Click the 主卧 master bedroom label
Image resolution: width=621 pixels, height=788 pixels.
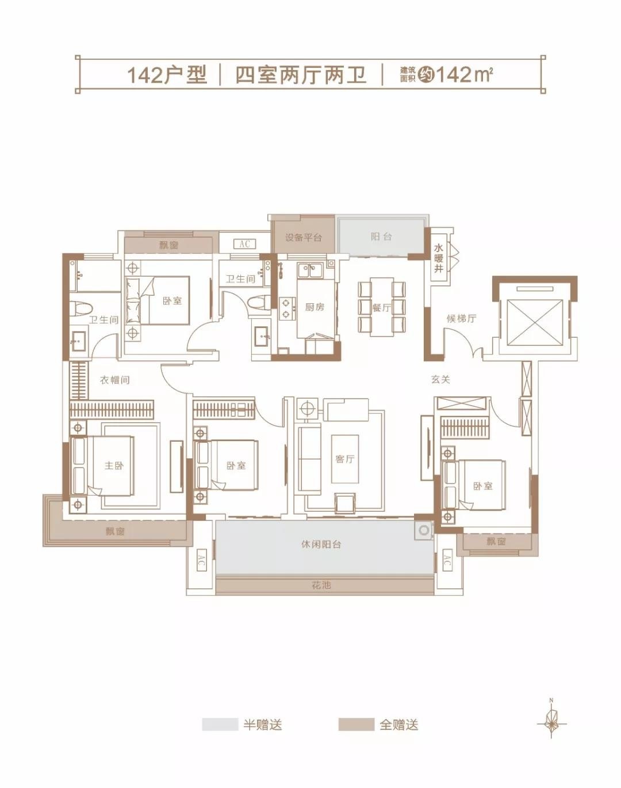click(x=114, y=465)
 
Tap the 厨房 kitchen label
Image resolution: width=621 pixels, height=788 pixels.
click(x=315, y=307)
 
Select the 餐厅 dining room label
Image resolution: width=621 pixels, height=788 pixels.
click(x=382, y=308)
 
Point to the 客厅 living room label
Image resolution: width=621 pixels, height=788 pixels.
click(x=344, y=459)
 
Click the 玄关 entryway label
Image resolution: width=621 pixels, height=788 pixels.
click(x=440, y=379)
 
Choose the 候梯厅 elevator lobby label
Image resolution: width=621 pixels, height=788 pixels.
click(x=461, y=318)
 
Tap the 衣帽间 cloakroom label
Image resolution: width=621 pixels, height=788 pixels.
click(x=115, y=380)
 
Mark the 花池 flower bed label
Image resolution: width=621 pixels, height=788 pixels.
click(x=321, y=585)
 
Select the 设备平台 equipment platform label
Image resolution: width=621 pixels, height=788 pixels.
click(x=304, y=237)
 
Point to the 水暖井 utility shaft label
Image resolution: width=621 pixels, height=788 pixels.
click(x=439, y=258)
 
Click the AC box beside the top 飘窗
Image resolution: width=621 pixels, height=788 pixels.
click(x=244, y=244)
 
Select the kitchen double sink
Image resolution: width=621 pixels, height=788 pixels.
click(x=310, y=271)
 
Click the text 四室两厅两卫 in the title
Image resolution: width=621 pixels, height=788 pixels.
click(x=301, y=75)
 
